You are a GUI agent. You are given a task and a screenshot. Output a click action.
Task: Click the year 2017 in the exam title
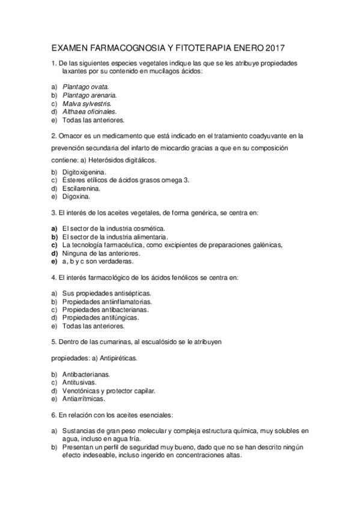[x=273, y=46]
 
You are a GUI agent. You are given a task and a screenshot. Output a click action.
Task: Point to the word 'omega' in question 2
[x=173, y=180]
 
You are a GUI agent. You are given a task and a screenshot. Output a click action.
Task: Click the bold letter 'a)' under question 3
[x=54, y=229]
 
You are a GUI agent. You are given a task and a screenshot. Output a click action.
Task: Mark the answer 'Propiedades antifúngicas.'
[x=100, y=318]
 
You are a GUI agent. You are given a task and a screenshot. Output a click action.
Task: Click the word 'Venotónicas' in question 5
[x=81, y=390]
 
